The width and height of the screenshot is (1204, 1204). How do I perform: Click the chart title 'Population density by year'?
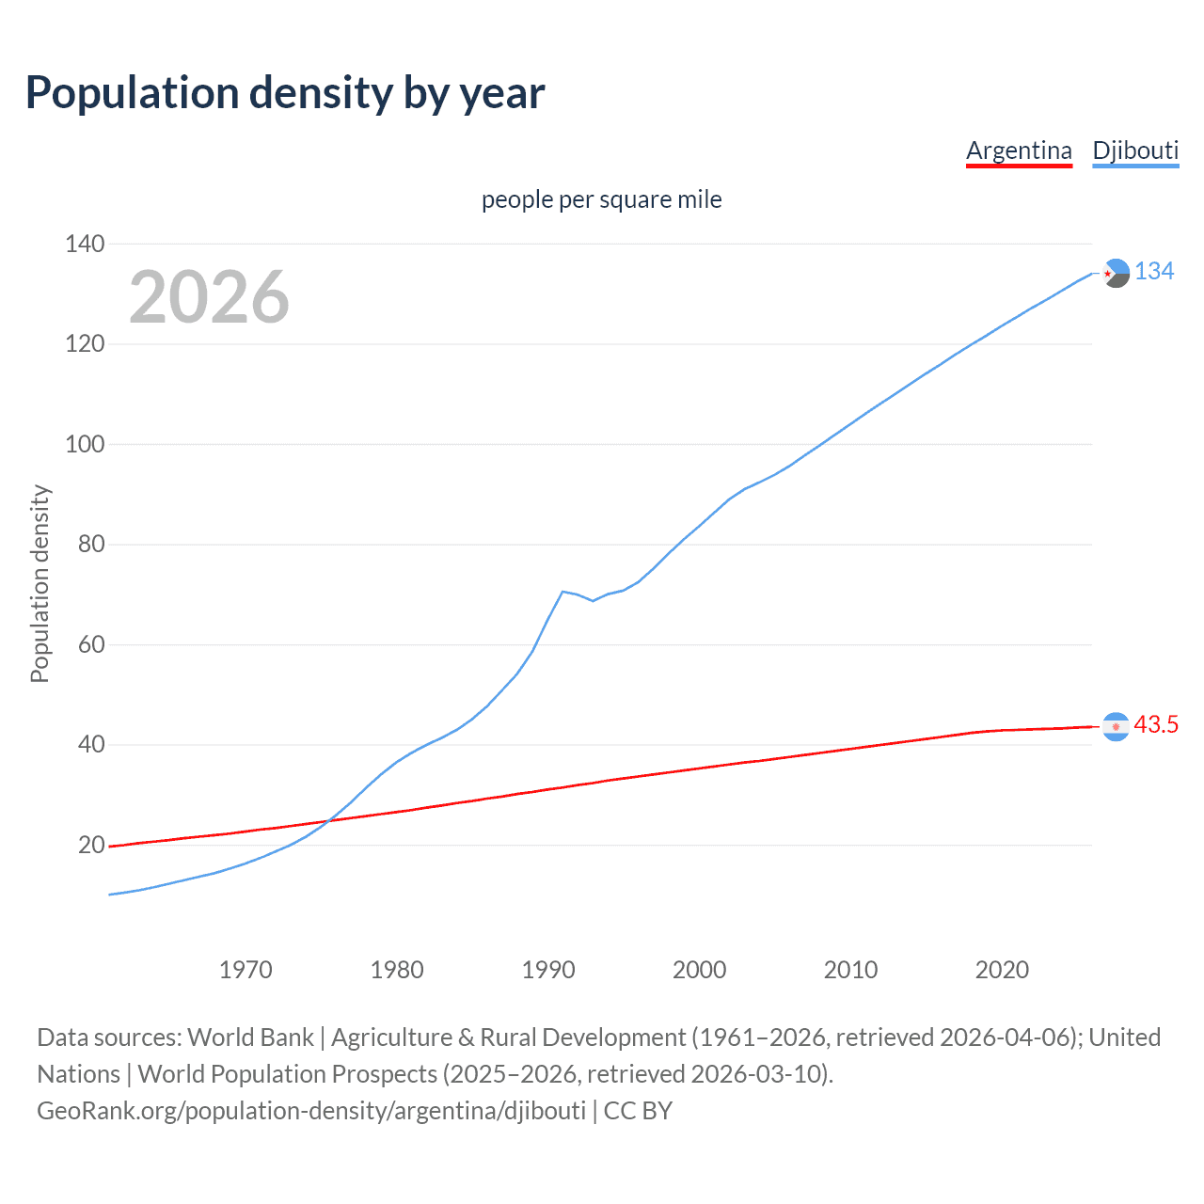(x=285, y=93)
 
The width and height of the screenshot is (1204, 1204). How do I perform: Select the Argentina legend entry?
(x=1019, y=150)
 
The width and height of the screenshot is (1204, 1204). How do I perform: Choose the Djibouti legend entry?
(x=1135, y=150)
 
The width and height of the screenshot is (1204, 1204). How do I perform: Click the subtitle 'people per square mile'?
(x=601, y=200)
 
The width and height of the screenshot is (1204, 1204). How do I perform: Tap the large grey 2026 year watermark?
(x=209, y=297)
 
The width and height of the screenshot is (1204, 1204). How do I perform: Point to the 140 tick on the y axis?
(x=85, y=245)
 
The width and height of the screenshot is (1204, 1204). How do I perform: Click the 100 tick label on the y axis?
(x=85, y=444)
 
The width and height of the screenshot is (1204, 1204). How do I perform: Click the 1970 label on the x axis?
(x=246, y=970)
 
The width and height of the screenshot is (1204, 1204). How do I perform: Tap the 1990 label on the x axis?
(x=548, y=970)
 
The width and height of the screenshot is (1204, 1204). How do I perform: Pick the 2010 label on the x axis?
(x=850, y=970)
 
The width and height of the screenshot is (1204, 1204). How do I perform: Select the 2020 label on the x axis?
(x=1002, y=970)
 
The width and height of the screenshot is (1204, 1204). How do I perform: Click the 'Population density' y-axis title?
(x=40, y=583)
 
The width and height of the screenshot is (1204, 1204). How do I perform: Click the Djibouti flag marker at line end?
(x=1116, y=273)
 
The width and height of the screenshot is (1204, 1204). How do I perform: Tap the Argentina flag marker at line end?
(x=1116, y=726)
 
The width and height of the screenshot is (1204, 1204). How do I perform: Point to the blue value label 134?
(x=1154, y=272)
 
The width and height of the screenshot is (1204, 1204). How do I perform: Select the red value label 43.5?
(x=1156, y=725)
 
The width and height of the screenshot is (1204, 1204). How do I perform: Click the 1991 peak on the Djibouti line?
(x=562, y=592)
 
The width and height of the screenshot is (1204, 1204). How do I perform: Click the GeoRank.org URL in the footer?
(x=311, y=1111)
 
